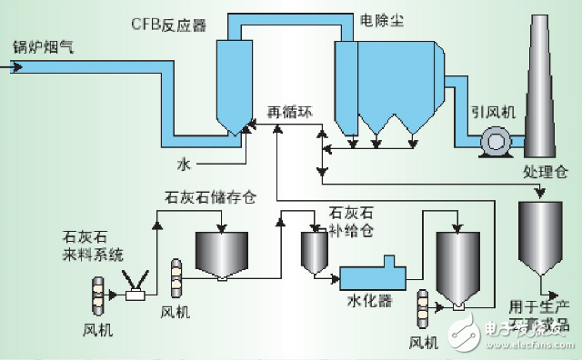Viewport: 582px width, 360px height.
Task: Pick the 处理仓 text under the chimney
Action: coord(546,171)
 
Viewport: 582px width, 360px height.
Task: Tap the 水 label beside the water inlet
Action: coord(184,164)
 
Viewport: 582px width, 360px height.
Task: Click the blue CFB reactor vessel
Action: coord(234,86)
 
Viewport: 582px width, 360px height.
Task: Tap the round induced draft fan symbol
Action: coord(497,139)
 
